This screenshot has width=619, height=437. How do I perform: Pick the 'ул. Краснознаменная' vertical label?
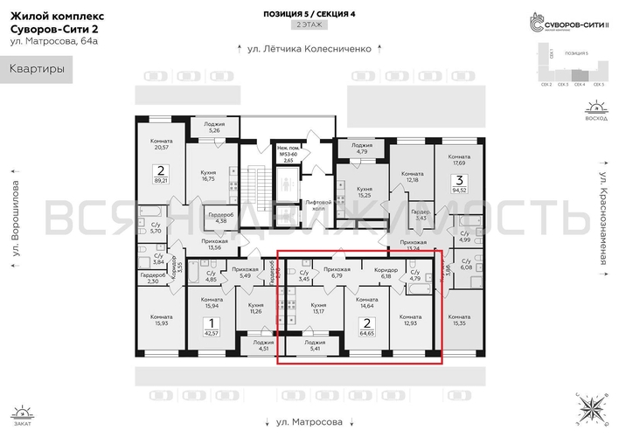coord(603,218)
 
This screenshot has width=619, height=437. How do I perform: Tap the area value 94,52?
coord(457,188)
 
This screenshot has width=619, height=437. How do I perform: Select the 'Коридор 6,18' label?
coord(386,273)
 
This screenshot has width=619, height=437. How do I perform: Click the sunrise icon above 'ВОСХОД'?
coord(595,109)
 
